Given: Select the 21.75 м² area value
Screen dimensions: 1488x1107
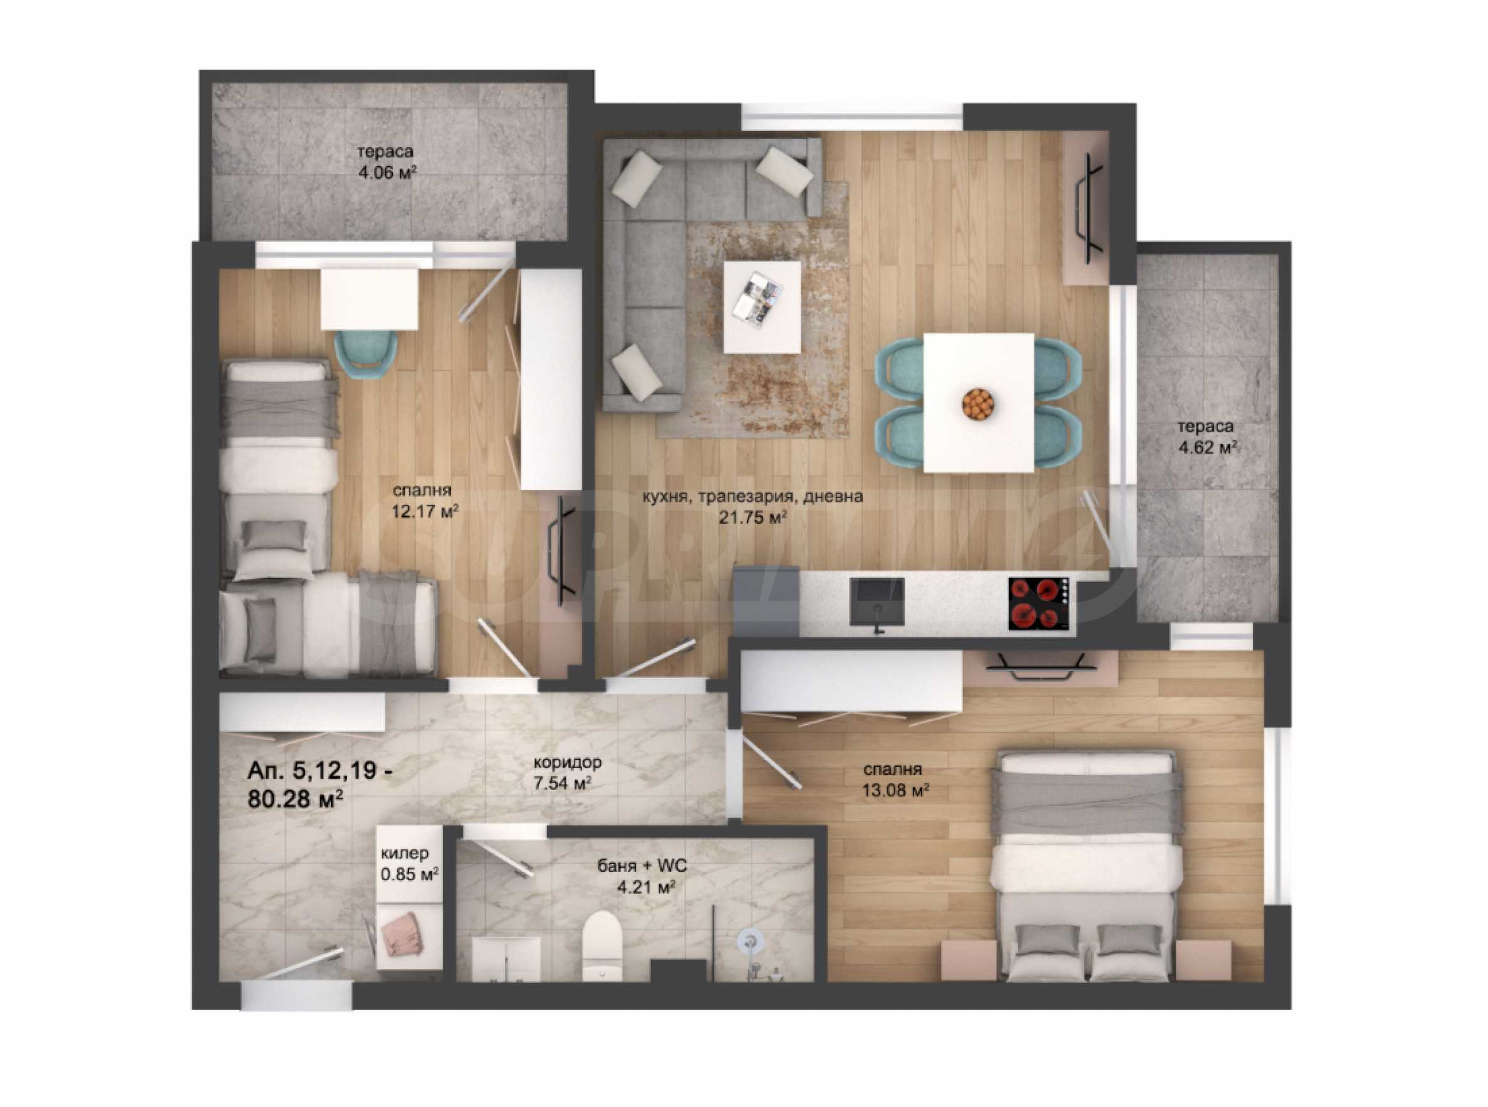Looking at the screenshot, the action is click(752, 517).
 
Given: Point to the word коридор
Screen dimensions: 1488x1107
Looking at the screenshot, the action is click(568, 761).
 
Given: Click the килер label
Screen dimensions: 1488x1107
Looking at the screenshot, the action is click(405, 853).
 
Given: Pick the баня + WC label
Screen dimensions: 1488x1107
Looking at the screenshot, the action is click(642, 866).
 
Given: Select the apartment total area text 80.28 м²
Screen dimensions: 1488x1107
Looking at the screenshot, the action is click(296, 799).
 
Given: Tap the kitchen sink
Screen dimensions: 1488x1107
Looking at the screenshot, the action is click(877, 605).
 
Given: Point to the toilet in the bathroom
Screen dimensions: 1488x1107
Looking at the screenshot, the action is click(601, 945).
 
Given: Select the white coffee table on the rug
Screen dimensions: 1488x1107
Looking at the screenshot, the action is click(762, 307).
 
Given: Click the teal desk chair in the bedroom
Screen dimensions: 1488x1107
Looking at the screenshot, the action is click(366, 355).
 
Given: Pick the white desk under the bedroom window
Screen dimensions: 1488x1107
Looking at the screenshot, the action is click(370, 299).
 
